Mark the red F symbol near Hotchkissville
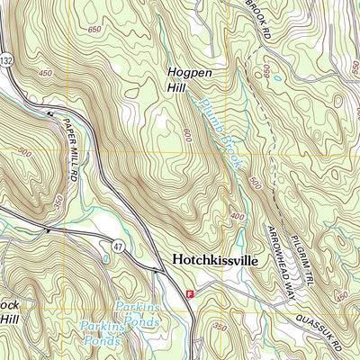[190, 293]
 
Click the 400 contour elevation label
[237, 217]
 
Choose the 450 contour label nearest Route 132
[44, 73]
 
